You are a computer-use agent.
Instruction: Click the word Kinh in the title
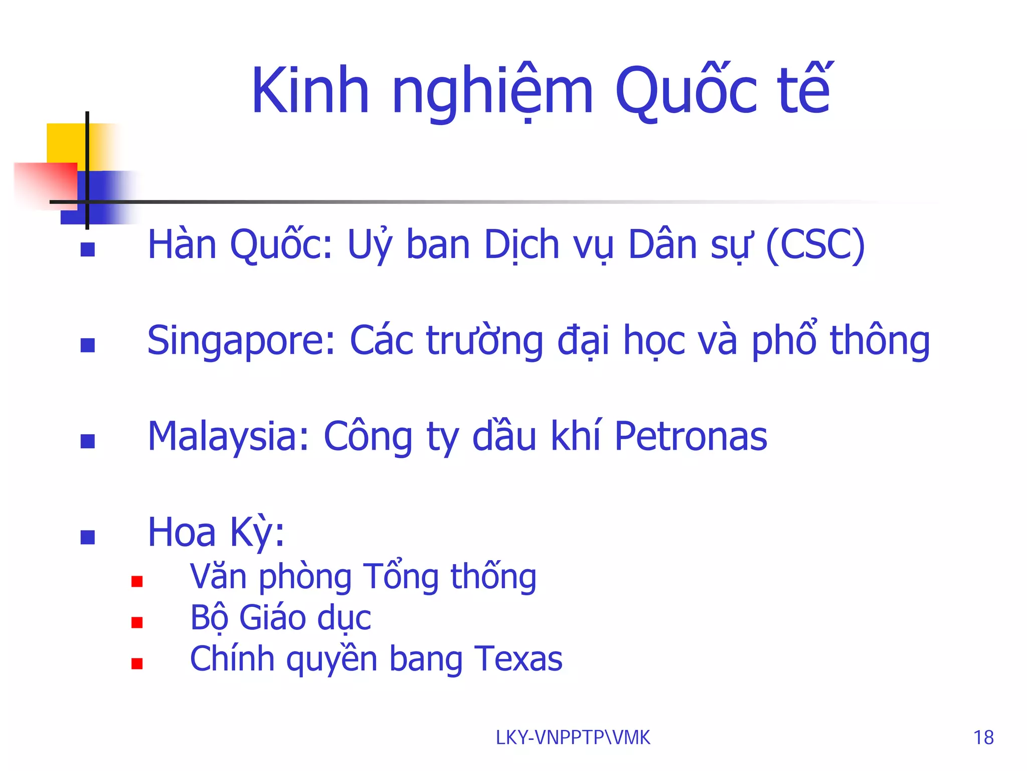pos(310,91)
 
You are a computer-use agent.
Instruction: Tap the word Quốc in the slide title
pos(686,91)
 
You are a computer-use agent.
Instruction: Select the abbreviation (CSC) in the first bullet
pos(815,245)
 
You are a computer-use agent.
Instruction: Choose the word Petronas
pos(691,437)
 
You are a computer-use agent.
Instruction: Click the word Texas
pos(519,659)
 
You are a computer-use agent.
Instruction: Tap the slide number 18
pos(983,738)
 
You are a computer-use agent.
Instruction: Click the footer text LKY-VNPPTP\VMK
pos(573,738)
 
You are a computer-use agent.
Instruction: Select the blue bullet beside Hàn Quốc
pos(88,249)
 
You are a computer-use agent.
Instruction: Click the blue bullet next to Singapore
pos(88,345)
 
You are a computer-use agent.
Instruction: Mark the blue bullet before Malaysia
pos(88,441)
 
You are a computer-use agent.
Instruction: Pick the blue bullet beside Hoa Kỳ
pos(88,537)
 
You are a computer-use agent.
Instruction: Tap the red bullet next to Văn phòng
pos(137,581)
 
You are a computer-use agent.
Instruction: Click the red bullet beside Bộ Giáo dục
pos(137,622)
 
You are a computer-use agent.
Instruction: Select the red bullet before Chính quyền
pos(137,664)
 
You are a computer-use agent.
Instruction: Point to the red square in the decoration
pos(45,183)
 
